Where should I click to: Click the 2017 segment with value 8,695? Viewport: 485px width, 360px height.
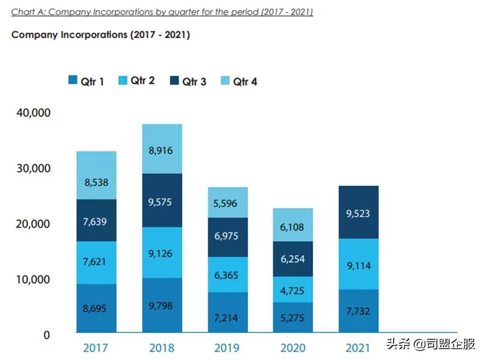tap(96, 308)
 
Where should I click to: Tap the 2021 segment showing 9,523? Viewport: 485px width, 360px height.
tap(359, 213)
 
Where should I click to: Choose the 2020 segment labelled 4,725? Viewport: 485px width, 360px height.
tap(293, 289)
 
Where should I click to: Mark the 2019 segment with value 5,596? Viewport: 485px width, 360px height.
tap(228, 202)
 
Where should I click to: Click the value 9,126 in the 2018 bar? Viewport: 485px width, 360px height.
tap(162, 253)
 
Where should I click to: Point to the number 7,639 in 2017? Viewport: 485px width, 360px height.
tap(96, 221)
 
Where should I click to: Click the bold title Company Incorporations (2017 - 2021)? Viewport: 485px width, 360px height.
tap(100, 35)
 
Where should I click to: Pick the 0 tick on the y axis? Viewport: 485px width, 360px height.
tap(47, 335)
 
